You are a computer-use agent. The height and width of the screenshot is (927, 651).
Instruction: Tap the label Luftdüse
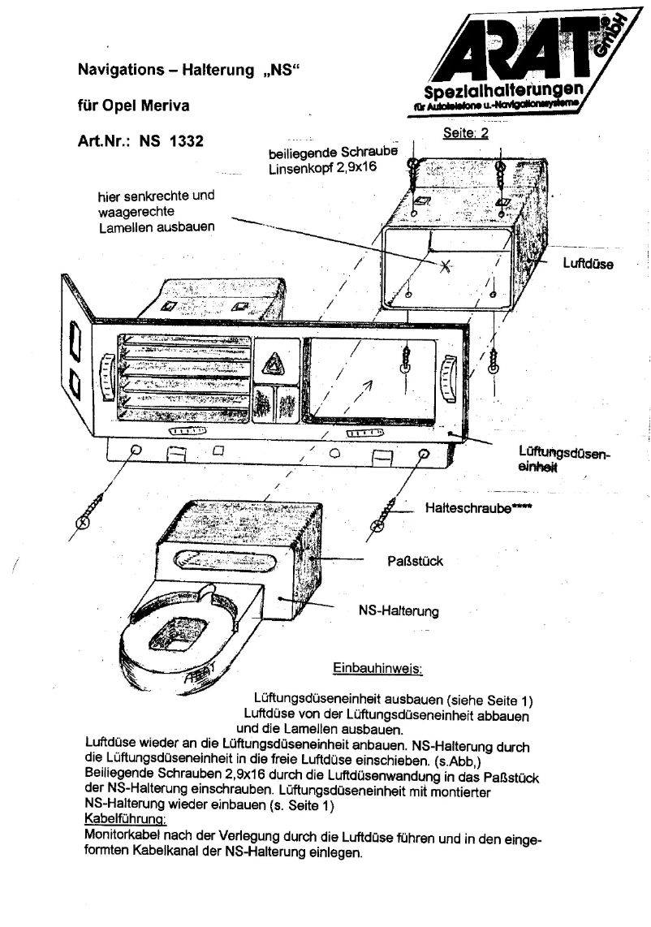588,264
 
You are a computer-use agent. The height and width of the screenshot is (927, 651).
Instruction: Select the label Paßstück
415,561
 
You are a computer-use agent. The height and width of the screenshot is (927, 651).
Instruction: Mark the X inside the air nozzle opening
446,265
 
